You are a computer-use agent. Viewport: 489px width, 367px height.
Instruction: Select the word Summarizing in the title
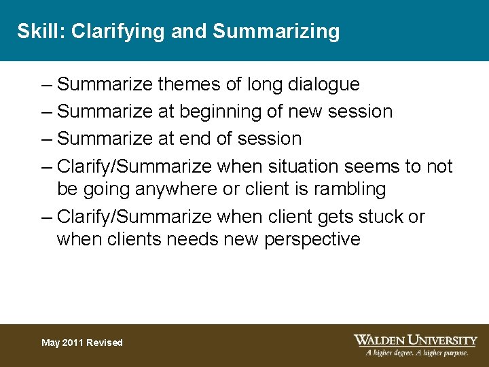[276, 31]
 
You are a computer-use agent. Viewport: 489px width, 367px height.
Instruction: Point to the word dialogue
[324, 84]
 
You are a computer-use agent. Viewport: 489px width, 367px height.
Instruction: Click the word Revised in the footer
[105, 343]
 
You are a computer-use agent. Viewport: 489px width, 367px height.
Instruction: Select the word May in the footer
[50, 343]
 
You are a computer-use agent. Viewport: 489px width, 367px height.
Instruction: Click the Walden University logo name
[415, 340]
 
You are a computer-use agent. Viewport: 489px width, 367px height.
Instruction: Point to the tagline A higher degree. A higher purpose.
[417, 353]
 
